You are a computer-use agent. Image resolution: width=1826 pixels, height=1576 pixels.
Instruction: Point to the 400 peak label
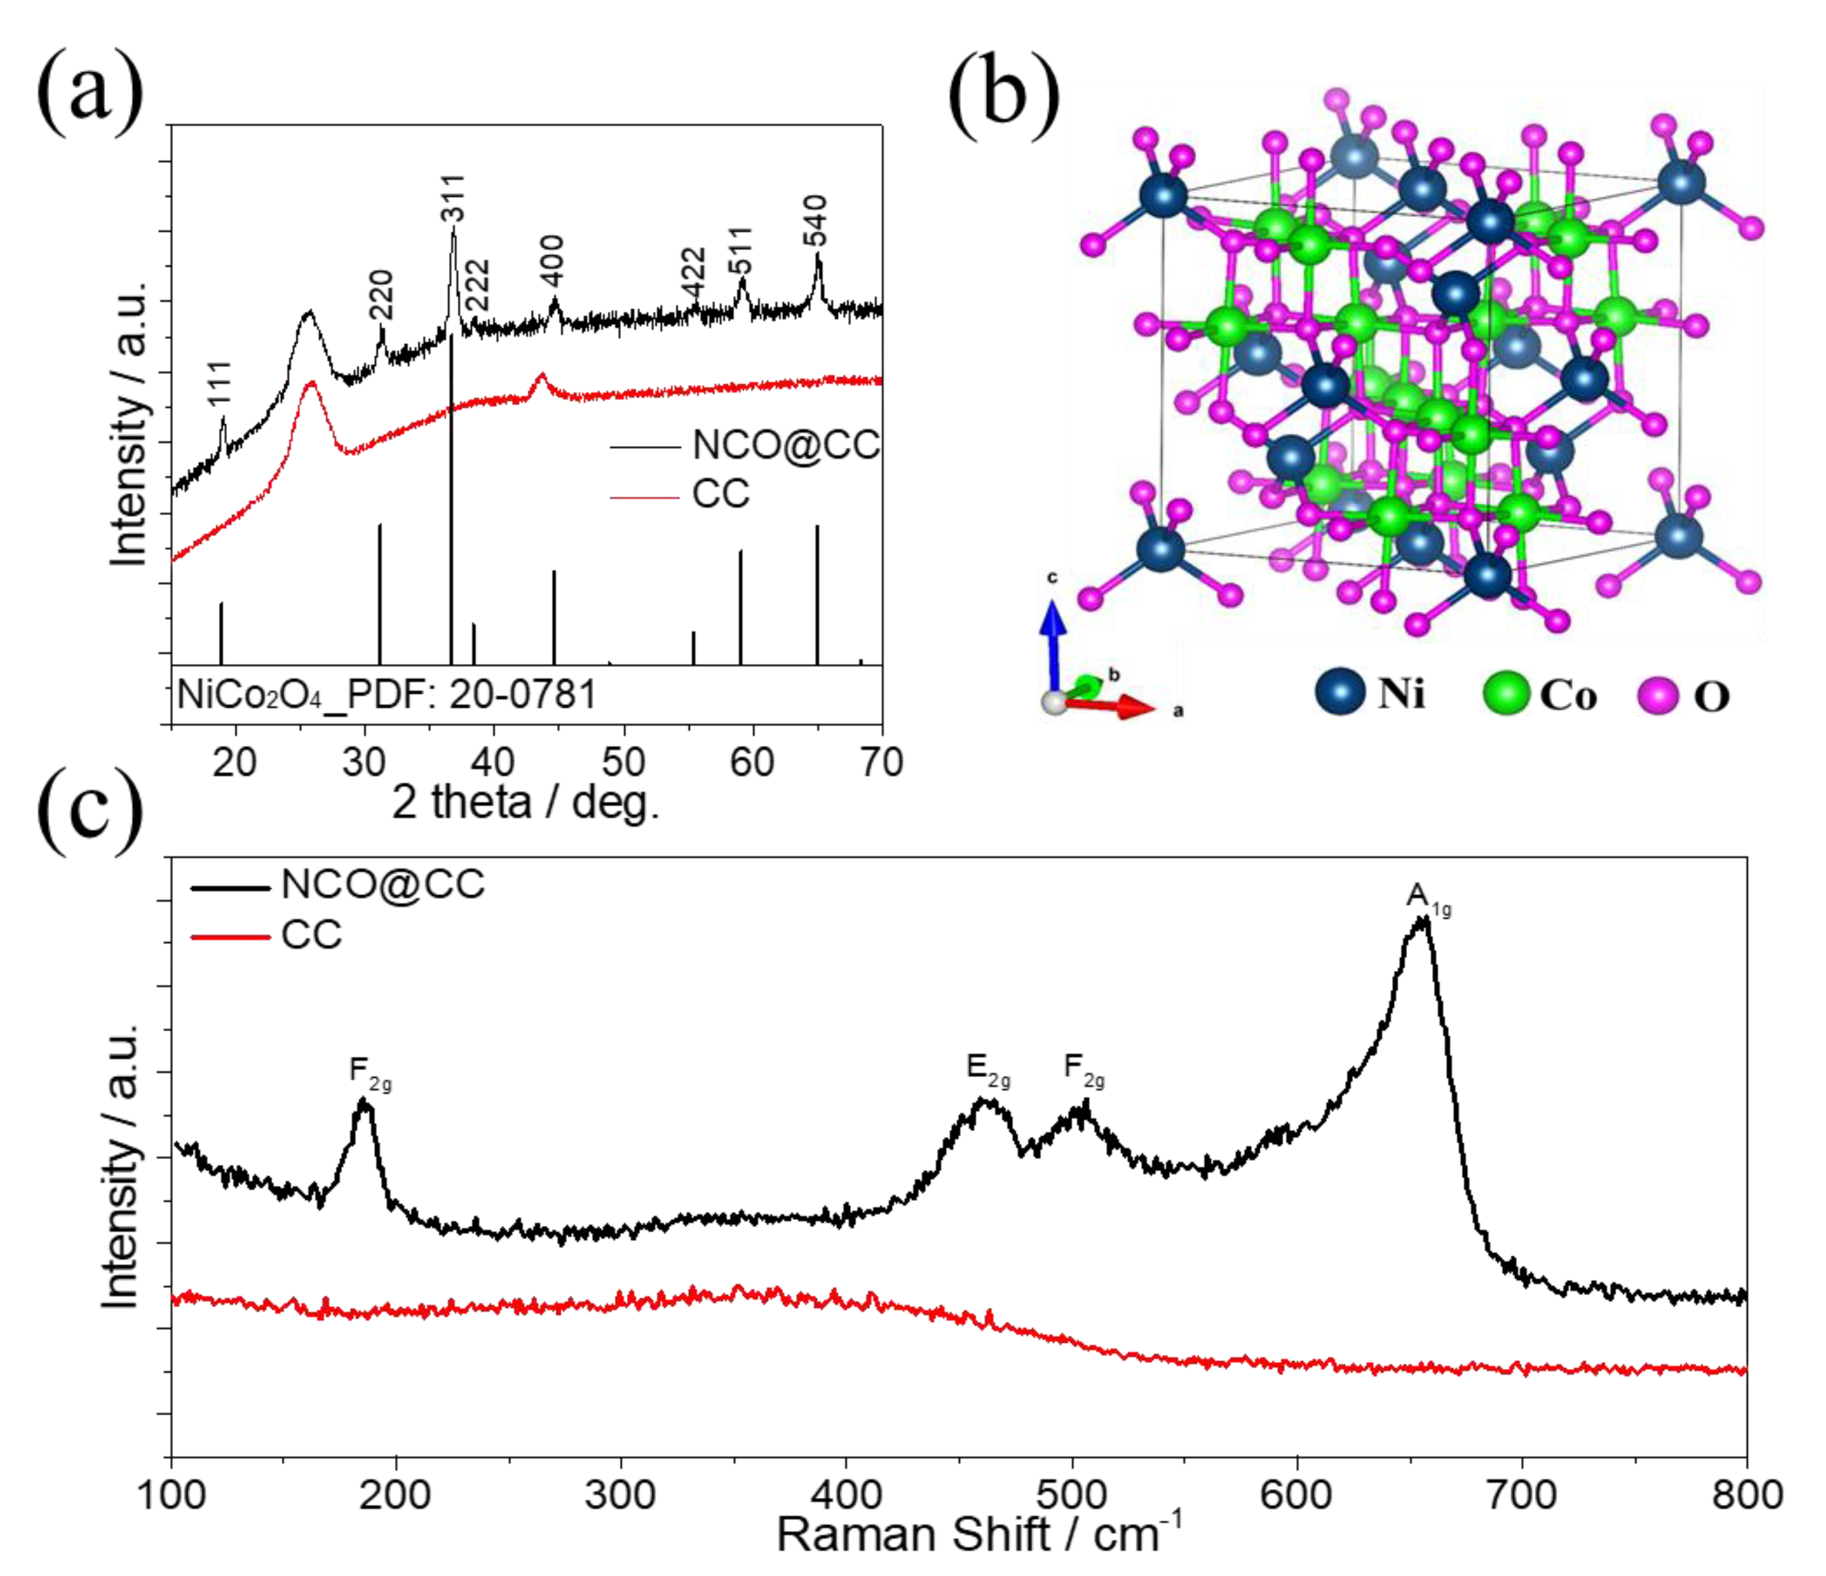553,261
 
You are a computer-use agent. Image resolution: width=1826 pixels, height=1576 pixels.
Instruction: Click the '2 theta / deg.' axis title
525,802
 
